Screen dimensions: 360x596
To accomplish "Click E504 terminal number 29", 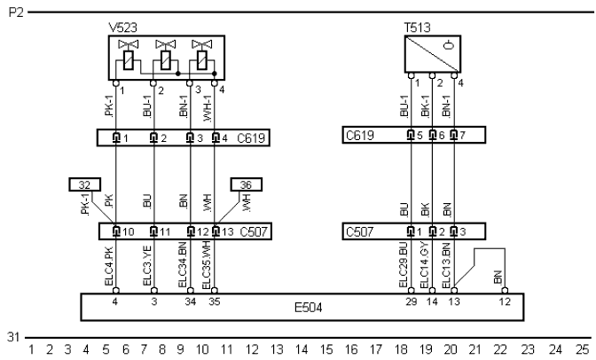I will (411, 302).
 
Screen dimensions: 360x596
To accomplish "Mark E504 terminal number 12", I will (506, 302).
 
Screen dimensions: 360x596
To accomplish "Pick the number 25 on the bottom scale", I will (581, 351).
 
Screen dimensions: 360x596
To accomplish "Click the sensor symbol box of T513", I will (430, 54).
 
